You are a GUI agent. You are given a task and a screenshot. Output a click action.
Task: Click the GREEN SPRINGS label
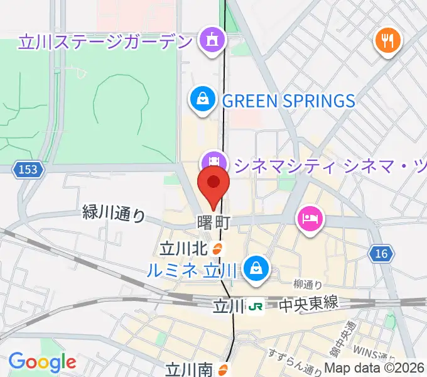pos(289,100)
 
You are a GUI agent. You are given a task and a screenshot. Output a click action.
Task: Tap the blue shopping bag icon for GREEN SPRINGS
pos(203,99)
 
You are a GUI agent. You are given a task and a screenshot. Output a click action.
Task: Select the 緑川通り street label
pos(114,214)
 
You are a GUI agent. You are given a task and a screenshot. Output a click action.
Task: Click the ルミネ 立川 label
pos(191,270)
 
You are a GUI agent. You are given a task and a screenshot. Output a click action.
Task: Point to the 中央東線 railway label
pos(308,304)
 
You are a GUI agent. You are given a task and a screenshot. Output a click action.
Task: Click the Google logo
pos(42,362)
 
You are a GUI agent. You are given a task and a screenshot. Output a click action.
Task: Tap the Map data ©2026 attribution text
pos(375,369)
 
